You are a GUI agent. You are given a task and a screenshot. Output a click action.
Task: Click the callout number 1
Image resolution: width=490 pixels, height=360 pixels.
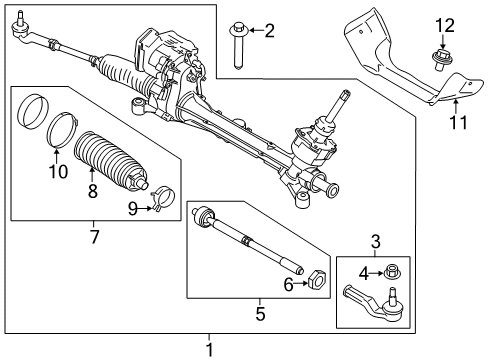tap(209, 349)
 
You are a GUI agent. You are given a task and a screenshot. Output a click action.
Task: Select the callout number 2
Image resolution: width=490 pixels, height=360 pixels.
tap(269, 31)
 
